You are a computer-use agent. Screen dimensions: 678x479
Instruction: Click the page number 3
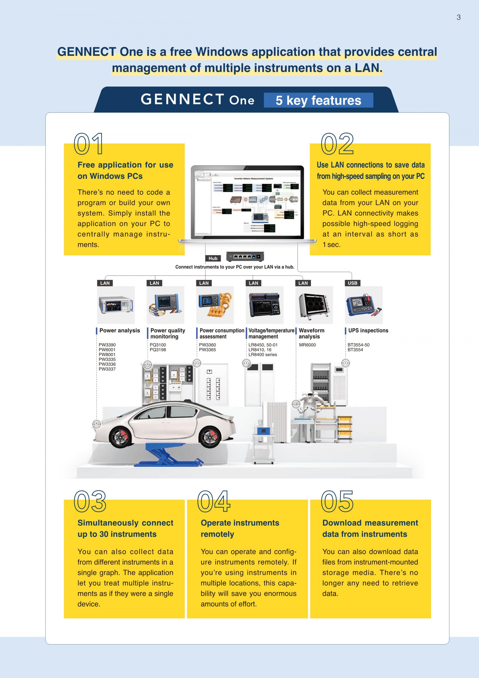458,17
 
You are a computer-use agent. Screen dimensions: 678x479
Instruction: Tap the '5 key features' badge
318,100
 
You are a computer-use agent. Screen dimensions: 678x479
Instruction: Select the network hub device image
245,257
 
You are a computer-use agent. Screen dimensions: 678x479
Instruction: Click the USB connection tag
352,283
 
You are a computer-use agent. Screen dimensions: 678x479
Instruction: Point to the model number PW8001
107,354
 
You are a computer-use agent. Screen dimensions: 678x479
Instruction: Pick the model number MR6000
307,345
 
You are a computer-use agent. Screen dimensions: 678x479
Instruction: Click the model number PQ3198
158,350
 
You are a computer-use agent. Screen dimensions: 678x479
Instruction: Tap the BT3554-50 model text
358,345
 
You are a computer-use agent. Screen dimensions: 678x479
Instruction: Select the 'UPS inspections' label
368,330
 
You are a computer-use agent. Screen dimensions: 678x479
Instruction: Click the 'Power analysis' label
120,330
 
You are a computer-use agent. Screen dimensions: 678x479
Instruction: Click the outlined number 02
337,144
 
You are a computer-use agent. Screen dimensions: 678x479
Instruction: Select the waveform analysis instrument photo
314,305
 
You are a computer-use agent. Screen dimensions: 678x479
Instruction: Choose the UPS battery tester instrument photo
364,305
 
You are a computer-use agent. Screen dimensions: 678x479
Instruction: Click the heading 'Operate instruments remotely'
240,528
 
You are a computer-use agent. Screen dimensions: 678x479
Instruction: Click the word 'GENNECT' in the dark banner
182,99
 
